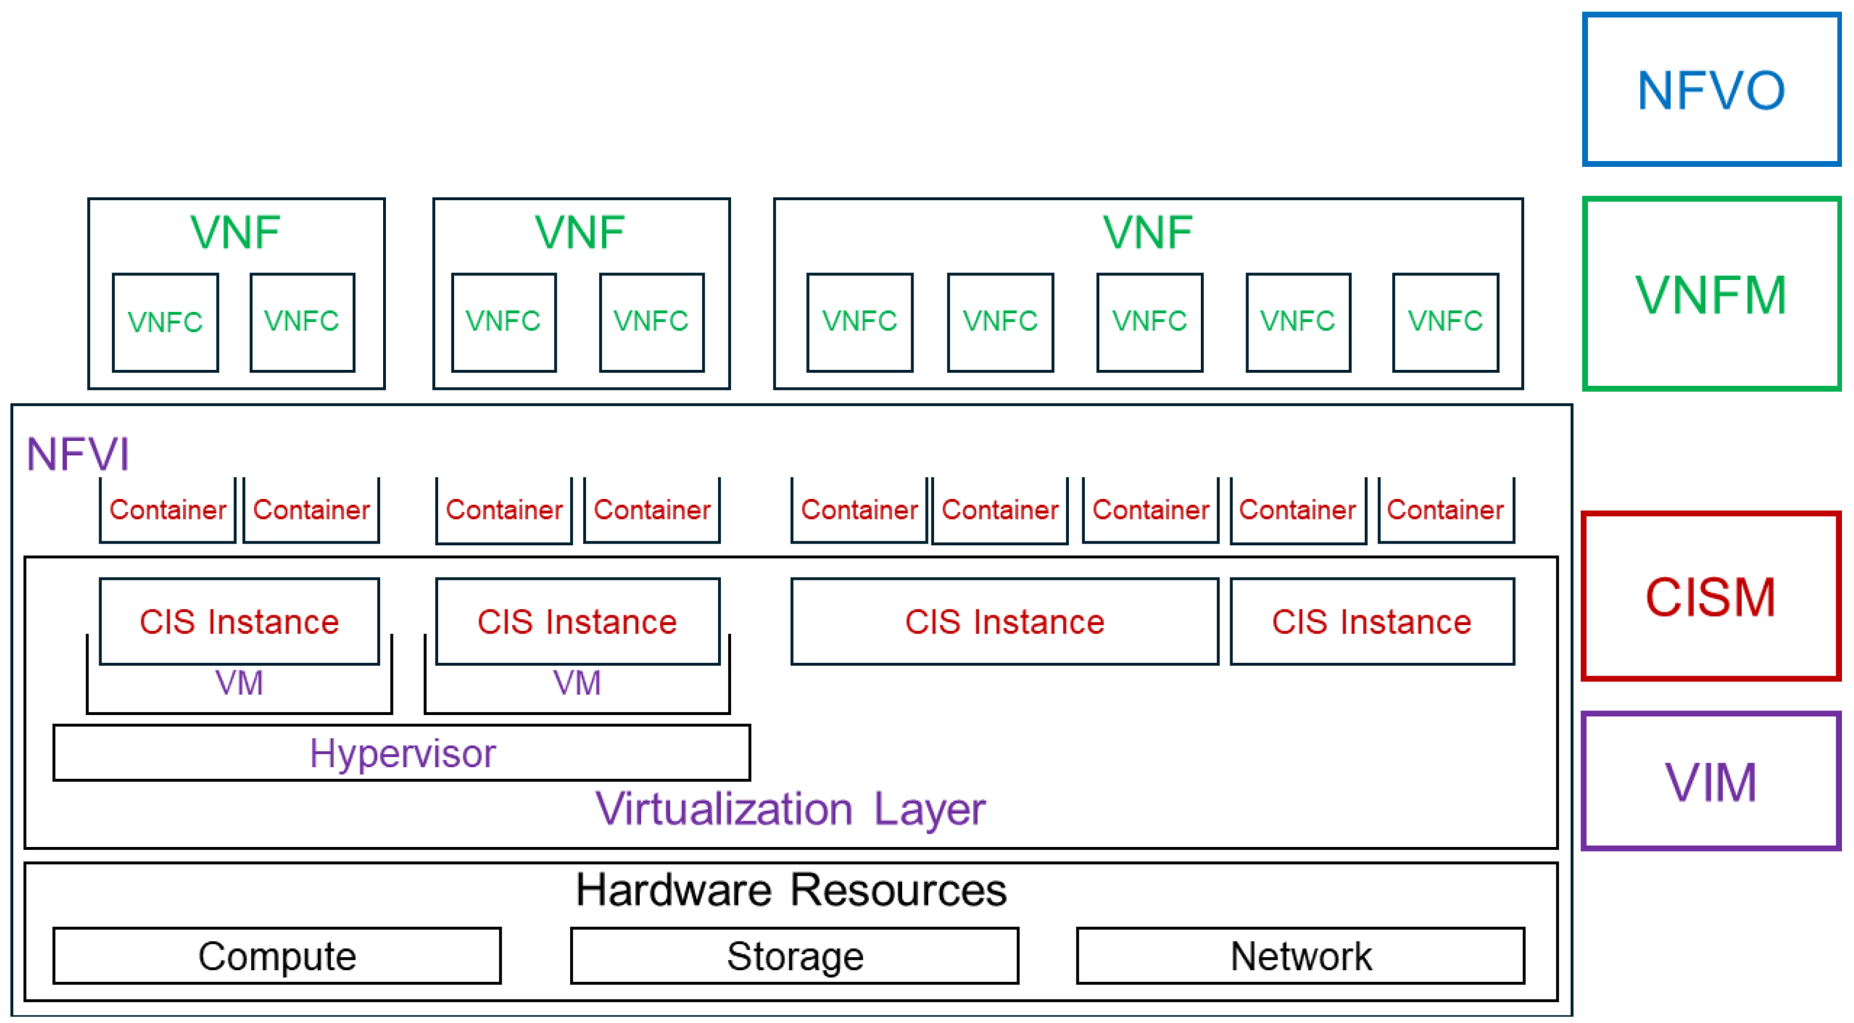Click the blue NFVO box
(x=1710, y=90)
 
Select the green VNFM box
(x=1710, y=294)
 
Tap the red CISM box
(x=1710, y=596)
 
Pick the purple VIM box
(x=1710, y=782)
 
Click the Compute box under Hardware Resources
(x=277, y=956)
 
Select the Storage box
(x=795, y=956)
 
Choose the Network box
(x=1300, y=956)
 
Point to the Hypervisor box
(x=401, y=753)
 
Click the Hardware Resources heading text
(x=790, y=890)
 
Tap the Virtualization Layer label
(x=790, y=809)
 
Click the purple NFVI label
(x=78, y=454)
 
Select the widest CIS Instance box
(x=1004, y=621)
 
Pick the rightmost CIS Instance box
(x=1372, y=621)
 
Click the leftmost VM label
(x=239, y=682)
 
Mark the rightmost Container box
(x=1445, y=510)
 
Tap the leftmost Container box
(x=167, y=510)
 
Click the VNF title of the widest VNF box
(x=1148, y=233)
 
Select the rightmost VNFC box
(x=1445, y=322)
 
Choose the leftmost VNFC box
(x=166, y=322)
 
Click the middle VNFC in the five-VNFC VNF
(x=1149, y=322)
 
